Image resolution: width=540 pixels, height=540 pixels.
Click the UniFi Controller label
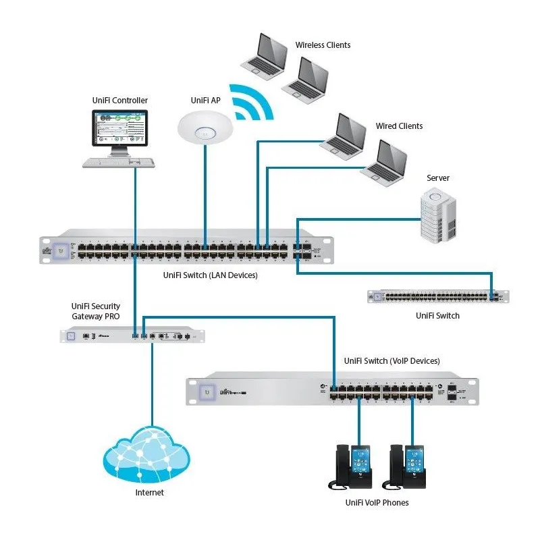point(119,101)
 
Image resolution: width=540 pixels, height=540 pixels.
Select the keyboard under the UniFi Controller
point(119,163)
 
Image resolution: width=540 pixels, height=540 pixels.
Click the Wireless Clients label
point(323,45)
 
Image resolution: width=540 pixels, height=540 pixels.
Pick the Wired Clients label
point(399,126)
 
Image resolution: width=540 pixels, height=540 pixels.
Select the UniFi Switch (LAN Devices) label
point(211,275)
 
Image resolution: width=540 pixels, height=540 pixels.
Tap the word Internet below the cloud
point(149,493)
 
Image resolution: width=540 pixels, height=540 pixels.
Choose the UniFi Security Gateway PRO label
point(96,311)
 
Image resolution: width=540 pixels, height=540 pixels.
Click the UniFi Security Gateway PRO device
point(132,335)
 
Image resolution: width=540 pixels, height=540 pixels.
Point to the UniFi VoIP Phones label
point(377,503)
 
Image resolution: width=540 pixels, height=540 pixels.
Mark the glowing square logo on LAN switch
point(61,249)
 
